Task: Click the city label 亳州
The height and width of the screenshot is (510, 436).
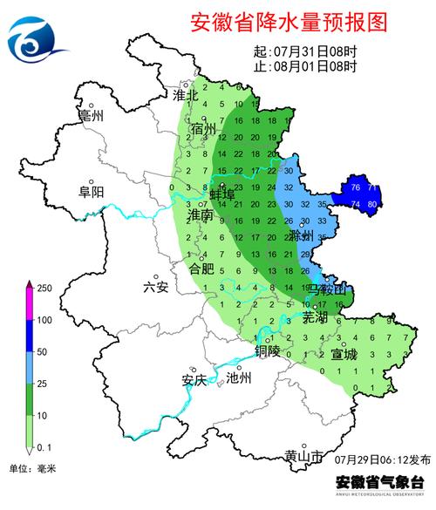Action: [x=91, y=115]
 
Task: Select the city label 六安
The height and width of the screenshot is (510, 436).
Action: [x=155, y=288]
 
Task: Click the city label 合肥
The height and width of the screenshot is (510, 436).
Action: [x=201, y=269]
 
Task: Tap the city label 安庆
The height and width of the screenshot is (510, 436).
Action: [x=194, y=379]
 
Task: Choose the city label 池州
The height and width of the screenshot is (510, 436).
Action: [x=238, y=378]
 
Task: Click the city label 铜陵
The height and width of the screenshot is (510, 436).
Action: [x=268, y=351]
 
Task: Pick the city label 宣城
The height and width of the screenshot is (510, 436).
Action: [x=344, y=355]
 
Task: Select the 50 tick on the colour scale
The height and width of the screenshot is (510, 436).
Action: [x=41, y=351]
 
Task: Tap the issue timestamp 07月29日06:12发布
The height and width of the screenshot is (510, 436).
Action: [x=382, y=459]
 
